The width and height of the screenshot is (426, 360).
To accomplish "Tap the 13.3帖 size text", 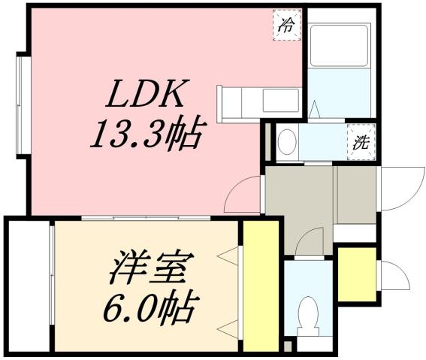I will [145, 135].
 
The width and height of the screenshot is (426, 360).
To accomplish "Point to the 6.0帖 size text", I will [153, 307].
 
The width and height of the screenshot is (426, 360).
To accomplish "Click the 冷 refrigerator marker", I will [286, 23].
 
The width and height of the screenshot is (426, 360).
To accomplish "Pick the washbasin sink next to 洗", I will [286, 141].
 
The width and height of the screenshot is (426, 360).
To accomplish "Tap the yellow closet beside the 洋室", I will [260, 286].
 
